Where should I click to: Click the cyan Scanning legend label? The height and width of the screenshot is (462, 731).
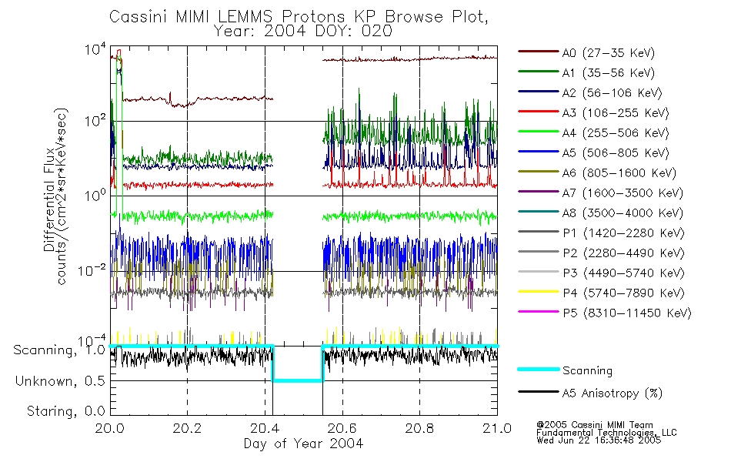[x=587, y=370]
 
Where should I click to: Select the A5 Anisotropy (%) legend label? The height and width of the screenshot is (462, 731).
[x=612, y=393]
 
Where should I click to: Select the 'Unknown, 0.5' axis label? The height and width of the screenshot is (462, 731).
[x=61, y=381]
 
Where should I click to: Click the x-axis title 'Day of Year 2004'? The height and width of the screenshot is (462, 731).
[x=303, y=444]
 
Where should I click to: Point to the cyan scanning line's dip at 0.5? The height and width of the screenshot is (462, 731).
[x=298, y=380]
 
